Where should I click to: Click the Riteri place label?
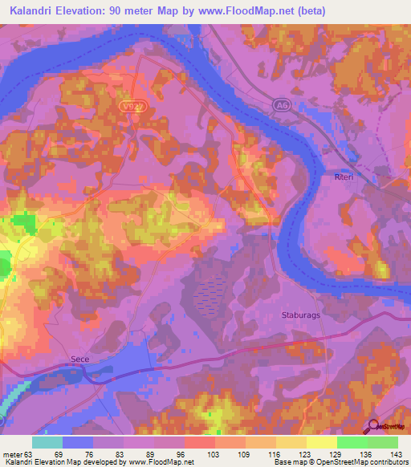click(344, 175)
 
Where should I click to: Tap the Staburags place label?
click(300, 315)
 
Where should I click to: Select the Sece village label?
click(79, 361)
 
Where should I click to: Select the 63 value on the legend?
click(31, 453)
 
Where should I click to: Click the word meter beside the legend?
click(12, 453)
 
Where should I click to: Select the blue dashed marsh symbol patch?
click(211, 293)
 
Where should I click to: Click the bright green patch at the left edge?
click(5, 264)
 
